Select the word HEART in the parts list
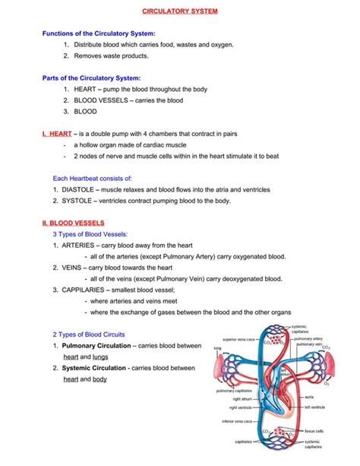point(86,89)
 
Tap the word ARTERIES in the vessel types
point(78,246)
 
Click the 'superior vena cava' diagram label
point(238,338)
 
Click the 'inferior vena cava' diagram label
point(238,420)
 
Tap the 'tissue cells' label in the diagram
point(314,430)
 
